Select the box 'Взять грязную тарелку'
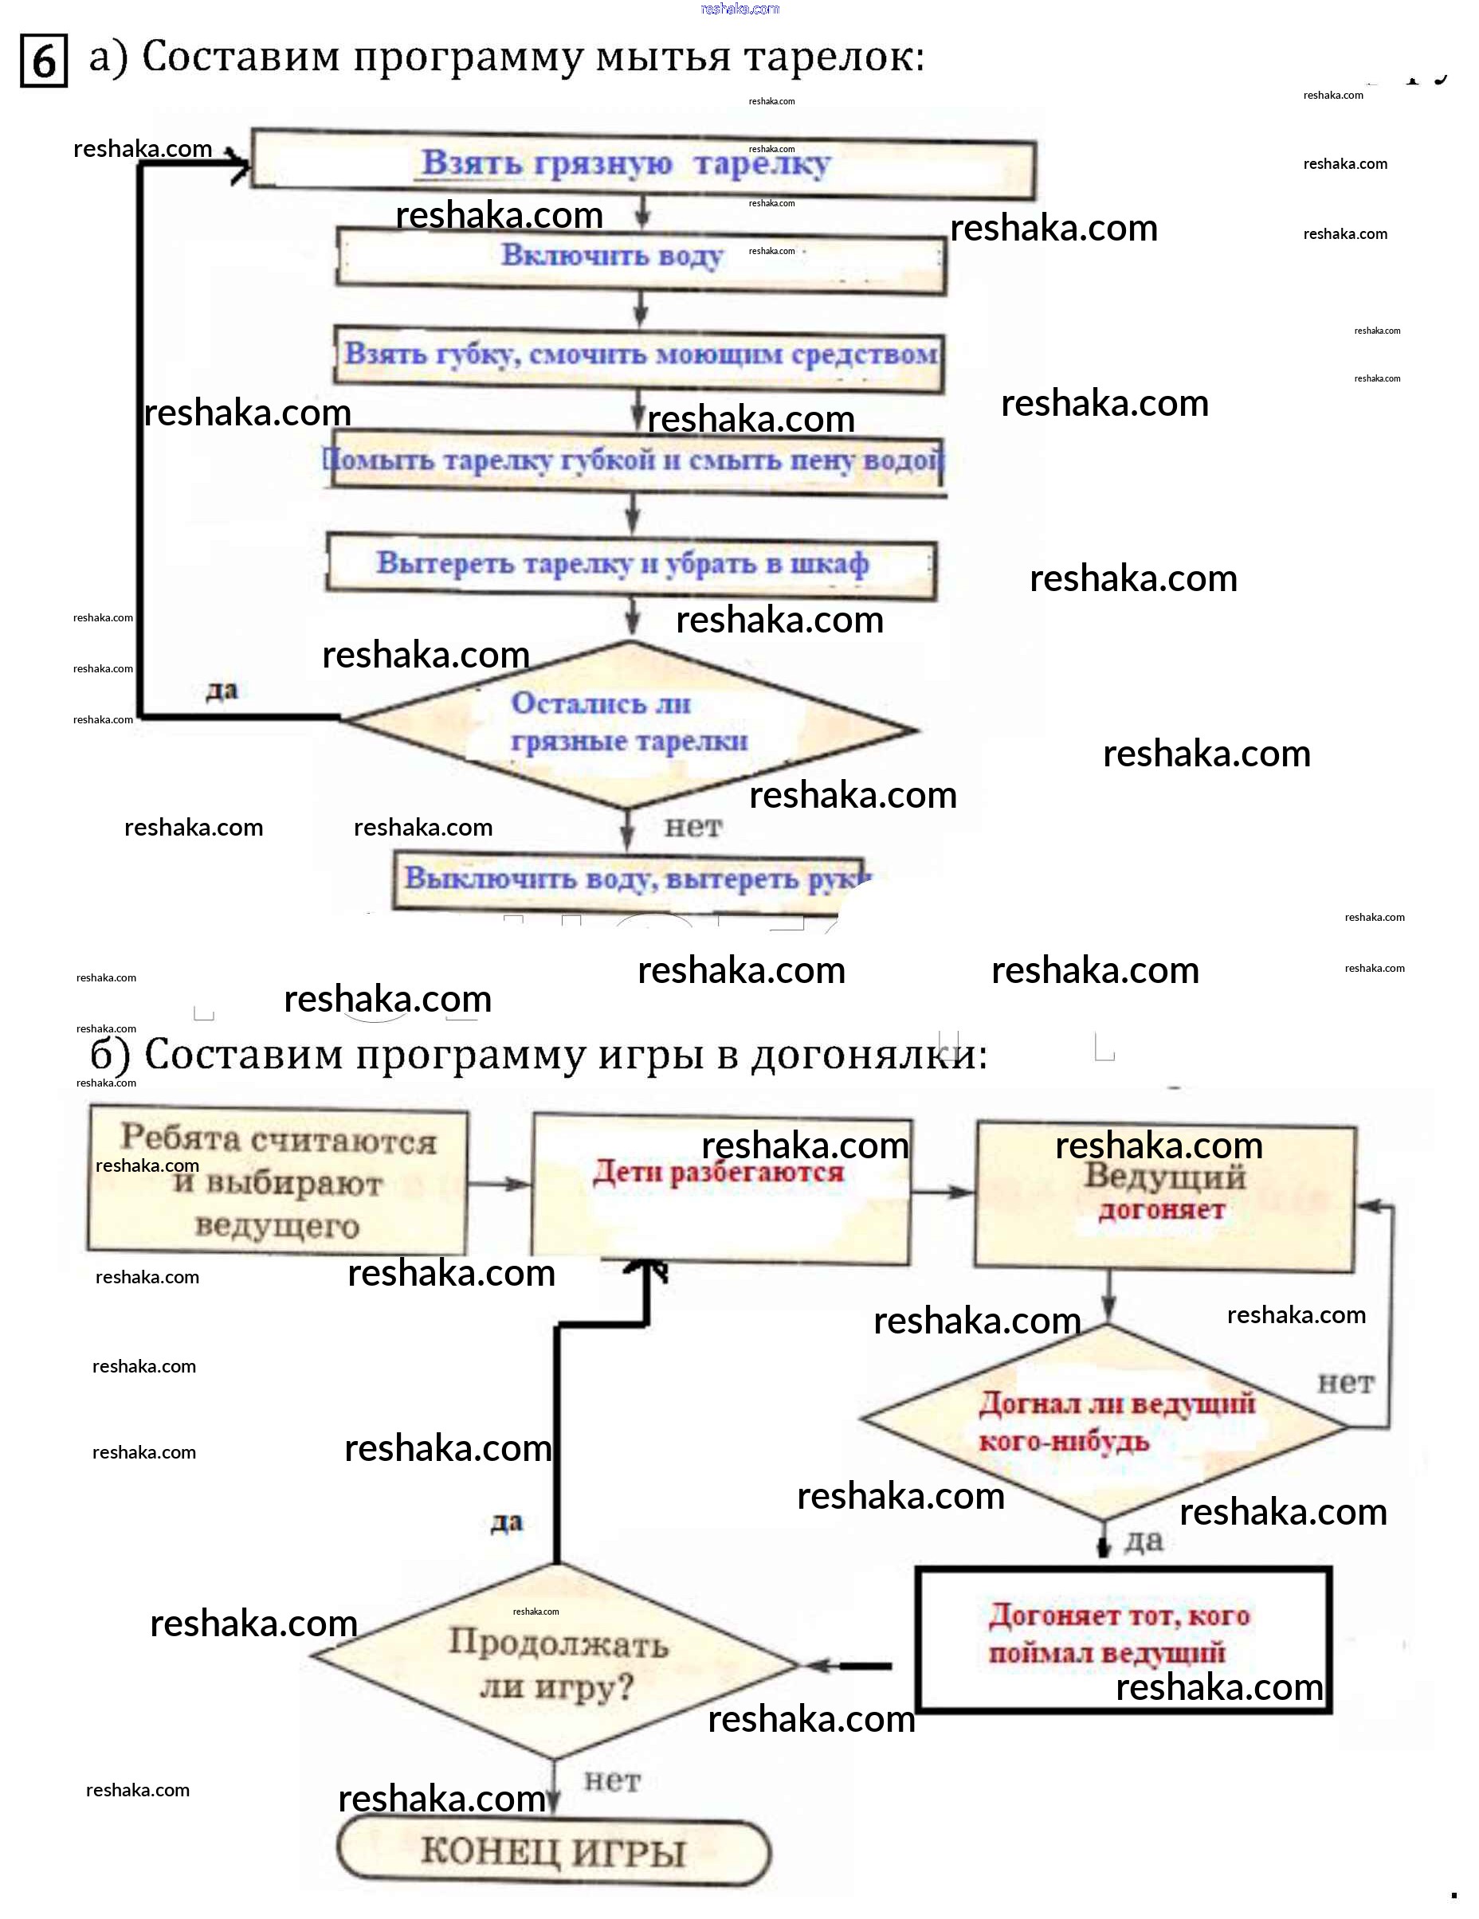(x=641, y=164)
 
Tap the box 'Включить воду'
(x=640, y=257)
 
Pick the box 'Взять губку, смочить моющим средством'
(x=639, y=357)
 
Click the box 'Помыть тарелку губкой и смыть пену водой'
(x=634, y=461)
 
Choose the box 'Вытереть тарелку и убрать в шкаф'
(x=630, y=565)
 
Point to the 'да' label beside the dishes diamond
(x=222, y=691)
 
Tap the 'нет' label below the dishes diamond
(x=692, y=827)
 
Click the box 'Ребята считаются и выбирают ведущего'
(x=277, y=1183)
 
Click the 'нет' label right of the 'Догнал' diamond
(x=1344, y=1384)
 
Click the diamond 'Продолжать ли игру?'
(x=555, y=1662)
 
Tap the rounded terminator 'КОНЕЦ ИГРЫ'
(x=554, y=1851)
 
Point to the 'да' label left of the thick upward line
(x=507, y=1521)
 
